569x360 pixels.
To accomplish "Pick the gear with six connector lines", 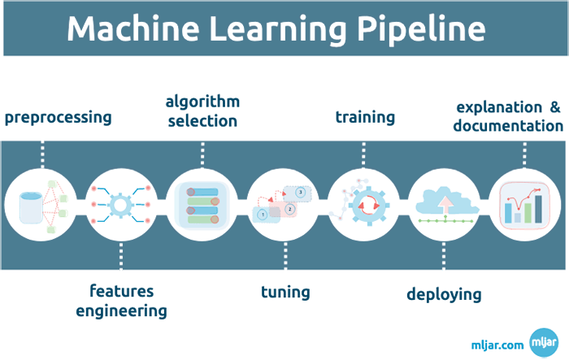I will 120,203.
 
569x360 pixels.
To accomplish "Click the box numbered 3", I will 301,193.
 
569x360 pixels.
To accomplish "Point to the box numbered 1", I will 263,213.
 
